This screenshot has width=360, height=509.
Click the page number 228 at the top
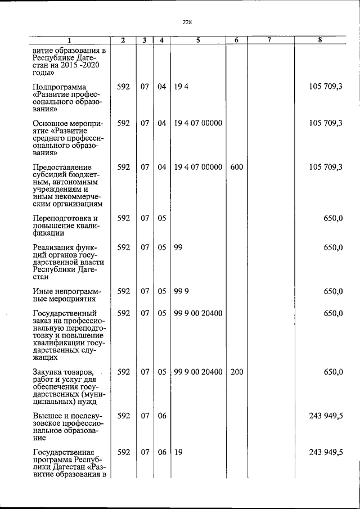click(x=187, y=22)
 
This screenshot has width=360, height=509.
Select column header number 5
click(x=198, y=40)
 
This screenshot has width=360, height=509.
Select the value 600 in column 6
click(x=236, y=167)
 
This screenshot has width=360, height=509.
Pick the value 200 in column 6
click(x=236, y=372)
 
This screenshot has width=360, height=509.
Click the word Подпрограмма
click(x=60, y=87)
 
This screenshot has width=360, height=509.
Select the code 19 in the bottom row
click(x=178, y=452)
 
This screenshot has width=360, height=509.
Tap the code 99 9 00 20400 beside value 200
click(x=198, y=372)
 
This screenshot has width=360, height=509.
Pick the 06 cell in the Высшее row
click(x=162, y=416)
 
